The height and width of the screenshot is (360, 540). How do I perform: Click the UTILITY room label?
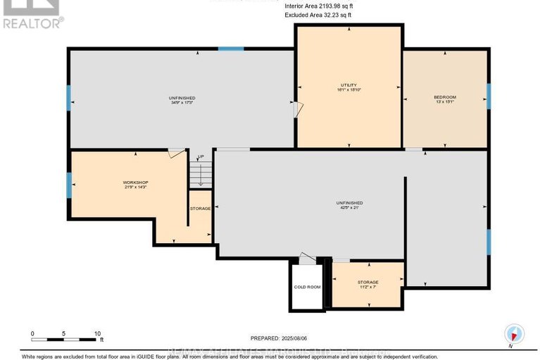[x=349, y=85]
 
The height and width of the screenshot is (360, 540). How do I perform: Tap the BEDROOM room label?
[x=445, y=97]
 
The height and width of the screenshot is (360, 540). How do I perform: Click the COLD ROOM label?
[x=307, y=287]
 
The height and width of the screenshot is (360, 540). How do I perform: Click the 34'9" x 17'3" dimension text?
[x=182, y=103]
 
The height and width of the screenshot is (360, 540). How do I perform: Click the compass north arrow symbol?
[x=515, y=334]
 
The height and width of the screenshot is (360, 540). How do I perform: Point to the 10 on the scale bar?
[x=98, y=333]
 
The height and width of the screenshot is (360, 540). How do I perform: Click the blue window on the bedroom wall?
[x=488, y=97]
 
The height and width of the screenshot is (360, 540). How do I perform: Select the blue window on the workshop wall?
[x=69, y=185]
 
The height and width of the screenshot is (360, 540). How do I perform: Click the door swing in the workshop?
[x=177, y=152]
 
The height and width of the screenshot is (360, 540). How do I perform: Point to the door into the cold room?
[x=306, y=259]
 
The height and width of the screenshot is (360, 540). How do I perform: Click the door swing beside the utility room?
[x=299, y=109]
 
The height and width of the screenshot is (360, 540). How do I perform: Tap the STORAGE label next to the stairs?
[x=200, y=209]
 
